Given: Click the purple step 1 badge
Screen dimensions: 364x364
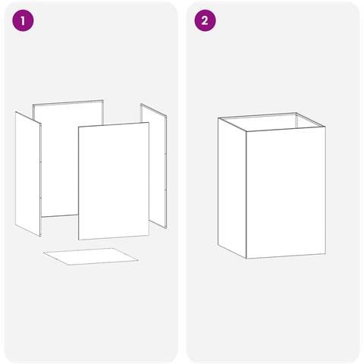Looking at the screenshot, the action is click(x=23, y=20).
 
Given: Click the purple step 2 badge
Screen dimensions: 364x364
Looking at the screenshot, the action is click(x=205, y=20).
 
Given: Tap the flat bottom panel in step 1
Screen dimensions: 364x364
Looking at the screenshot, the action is click(x=91, y=256).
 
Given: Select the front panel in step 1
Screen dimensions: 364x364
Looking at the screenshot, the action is click(x=114, y=181).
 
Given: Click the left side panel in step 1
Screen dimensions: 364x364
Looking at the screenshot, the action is click(x=28, y=174).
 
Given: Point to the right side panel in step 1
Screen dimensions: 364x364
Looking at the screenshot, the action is click(x=154, y=165).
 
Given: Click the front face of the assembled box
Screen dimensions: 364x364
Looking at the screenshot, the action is click(x=286, y=193).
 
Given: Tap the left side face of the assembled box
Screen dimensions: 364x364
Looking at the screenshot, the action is click(x=232, y=188).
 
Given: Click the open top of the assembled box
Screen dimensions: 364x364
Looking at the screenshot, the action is click(x=271, y=122).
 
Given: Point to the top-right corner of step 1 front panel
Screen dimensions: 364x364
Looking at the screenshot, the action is click(x=149, y=123).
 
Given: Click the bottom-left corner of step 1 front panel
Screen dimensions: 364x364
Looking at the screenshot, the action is click(x=79, y=240).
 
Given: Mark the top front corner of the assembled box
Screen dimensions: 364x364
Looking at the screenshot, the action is click(x=246, y=131).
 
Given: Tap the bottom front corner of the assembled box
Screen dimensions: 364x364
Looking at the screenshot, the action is click(x=246, y=259).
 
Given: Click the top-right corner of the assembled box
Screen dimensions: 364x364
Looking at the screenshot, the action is click(x=325, y=127).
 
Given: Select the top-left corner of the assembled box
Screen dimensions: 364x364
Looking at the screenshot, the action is click(x=218, y=118).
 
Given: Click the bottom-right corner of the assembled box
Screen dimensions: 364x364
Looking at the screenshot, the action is click(x=325, y=254).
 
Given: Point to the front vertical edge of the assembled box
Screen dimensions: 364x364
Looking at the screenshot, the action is click(x=246, y=195).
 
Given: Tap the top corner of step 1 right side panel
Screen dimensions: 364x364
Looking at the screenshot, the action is click(x=141, y=104).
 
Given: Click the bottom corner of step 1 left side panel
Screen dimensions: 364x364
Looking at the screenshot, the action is click(x=40, y=237).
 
